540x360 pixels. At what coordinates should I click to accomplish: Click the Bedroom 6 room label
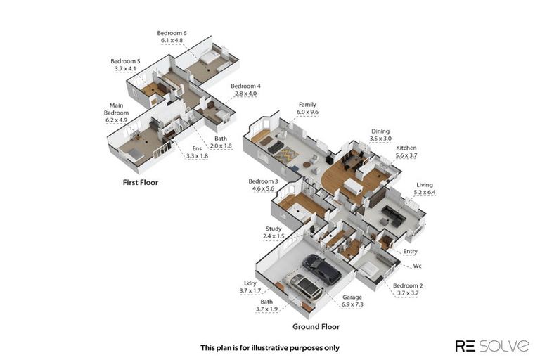point(172,33)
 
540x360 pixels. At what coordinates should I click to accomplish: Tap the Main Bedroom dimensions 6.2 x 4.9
point(117,120)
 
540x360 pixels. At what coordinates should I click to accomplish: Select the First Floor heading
point(141,183)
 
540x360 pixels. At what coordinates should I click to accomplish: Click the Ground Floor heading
point(316,326)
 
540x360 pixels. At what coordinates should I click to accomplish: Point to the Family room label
point(307,104)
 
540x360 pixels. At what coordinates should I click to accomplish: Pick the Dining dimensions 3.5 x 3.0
point(380,139)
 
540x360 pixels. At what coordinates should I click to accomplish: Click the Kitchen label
point(406,148)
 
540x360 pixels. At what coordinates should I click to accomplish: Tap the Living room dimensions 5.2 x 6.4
point(425,192)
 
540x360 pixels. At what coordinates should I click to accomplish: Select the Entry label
point(410,252)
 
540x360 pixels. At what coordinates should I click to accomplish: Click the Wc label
point(417,266)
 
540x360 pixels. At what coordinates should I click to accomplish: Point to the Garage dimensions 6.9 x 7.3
point(352,304)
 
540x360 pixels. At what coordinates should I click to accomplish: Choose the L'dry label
point(250,283)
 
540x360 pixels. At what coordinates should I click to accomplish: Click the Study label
point(274,229)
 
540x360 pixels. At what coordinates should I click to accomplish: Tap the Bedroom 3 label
point(263,181)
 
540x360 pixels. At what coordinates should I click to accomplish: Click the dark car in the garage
point(322,269)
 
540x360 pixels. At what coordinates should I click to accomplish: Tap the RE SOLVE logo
point(492,345)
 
